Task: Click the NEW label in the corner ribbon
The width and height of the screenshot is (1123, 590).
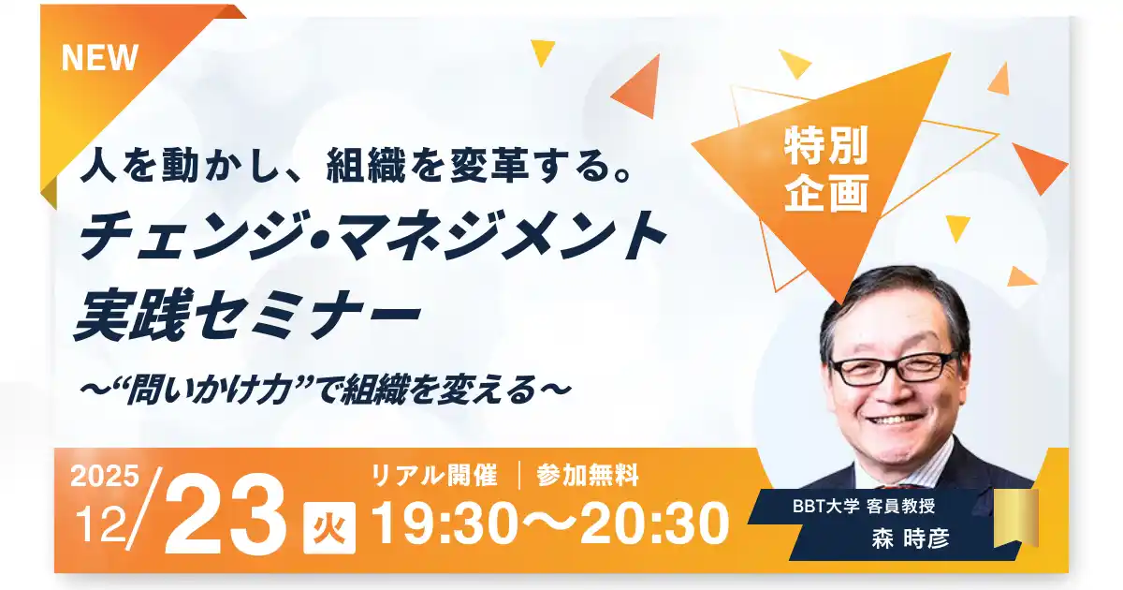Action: click(x=99, y=58)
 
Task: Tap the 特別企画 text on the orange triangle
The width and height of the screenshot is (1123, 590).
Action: click(x=826, y=170)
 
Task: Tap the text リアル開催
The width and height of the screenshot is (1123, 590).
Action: click(x=433, y=476)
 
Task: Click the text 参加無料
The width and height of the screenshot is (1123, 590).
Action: click(x=588, y=476)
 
